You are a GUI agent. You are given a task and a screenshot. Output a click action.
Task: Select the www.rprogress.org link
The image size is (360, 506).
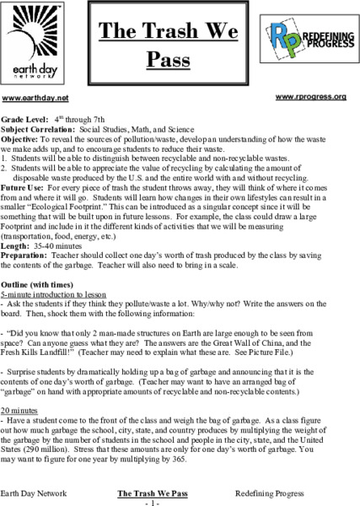(x=311, y=97)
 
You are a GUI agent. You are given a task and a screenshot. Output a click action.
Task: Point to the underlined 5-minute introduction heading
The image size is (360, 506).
(x=63, y=276)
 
